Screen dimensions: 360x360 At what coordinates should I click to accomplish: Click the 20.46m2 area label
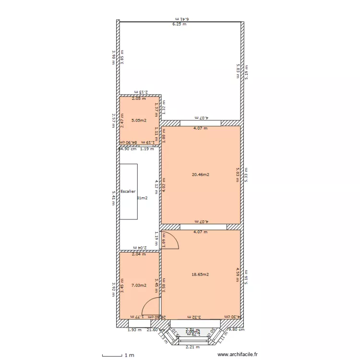[x=200, y=175]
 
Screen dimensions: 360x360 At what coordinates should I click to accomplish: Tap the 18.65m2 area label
[x=200, y=275]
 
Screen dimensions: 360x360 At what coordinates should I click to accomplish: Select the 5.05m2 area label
[x=139, y=120]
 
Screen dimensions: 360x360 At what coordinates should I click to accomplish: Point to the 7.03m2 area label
[x=139, y=285]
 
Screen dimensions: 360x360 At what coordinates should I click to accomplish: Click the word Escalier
[x=128, y=191]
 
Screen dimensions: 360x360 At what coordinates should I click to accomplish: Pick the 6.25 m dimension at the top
[x=180, y=24]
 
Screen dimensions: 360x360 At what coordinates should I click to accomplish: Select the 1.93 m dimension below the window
[x=134, y=330]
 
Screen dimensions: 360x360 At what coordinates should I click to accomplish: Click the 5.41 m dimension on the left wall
[x=113, y=197]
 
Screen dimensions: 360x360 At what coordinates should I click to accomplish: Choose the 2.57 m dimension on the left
[x=113, y=120]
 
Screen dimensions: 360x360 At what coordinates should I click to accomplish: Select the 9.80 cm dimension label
[x=236, y=330]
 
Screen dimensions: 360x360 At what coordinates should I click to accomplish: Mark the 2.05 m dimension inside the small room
[x=139, y=99]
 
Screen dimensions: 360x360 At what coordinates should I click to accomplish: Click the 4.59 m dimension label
[x=238, y=275]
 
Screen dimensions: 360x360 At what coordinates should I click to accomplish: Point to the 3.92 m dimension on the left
[x=113, y=289]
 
